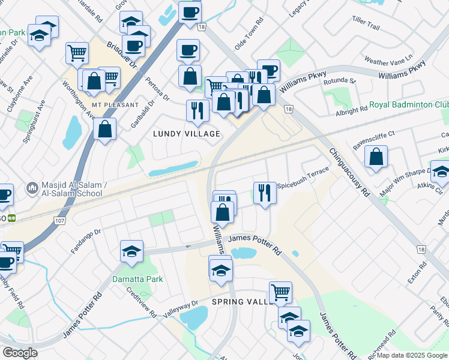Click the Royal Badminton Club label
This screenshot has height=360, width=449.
tap(408, 104)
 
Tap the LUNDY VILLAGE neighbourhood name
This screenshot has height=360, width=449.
tap(186, 134)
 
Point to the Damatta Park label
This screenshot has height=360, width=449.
tap(138, 279)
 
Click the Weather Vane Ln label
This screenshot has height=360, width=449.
tap(389, 61)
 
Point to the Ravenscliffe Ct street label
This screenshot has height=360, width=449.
tap(373, 134)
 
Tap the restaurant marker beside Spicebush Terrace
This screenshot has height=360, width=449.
tap(265, 193)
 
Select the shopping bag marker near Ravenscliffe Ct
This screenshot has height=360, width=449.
tap(376, 157)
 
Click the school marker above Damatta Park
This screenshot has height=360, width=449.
tap(131, 251)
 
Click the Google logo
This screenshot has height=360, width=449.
tap(20, 353)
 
